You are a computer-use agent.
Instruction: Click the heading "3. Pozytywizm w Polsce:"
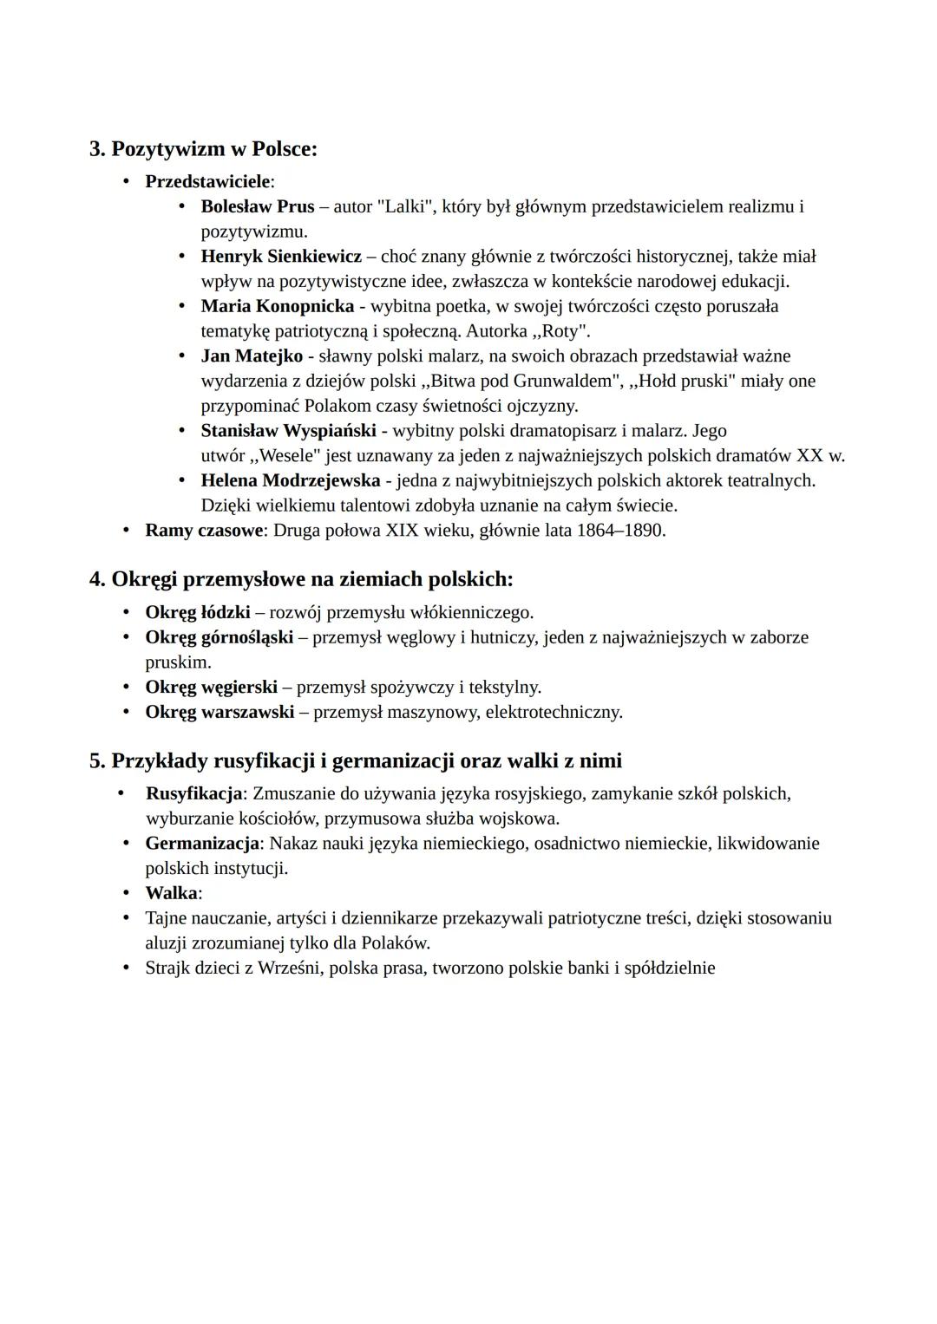pos(203,149)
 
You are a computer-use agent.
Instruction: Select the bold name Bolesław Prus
pos(258,206)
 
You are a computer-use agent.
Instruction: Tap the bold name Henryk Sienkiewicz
pos(281,257)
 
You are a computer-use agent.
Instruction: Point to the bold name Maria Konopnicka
pos(278,306)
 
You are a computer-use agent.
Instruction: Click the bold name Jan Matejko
pos(252,356)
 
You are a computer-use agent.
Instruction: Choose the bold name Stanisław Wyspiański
pos(288,431)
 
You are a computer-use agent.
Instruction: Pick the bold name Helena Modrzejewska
pos(291,480)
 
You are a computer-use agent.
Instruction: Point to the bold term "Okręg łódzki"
pos(198,613)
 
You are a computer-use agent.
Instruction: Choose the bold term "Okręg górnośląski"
pos(220,638)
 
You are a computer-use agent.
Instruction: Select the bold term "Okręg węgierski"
pos(212,688)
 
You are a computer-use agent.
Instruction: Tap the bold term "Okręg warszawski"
pos(220,713)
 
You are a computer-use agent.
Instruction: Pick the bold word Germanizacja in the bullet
pos(202,844)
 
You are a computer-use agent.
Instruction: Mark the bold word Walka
pos(172,893)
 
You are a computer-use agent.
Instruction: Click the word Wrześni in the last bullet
pos(288,968)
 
